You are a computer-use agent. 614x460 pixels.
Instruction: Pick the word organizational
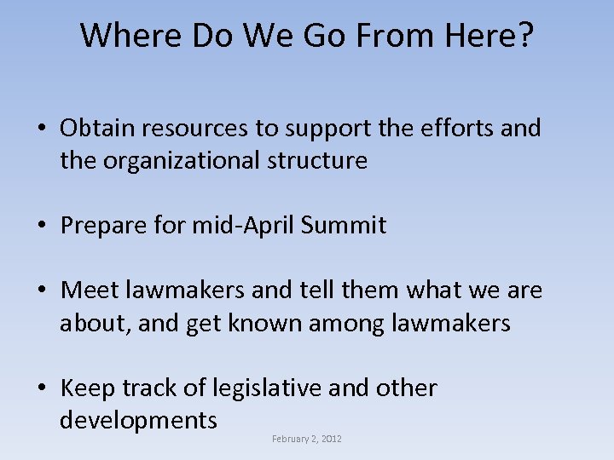click(185, 160)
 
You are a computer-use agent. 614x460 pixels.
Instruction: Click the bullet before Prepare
click(42, 227)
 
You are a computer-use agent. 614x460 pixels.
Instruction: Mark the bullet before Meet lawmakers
click(42, 291)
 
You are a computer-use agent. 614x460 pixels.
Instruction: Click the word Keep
click(88, 388)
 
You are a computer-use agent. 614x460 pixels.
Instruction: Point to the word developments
click(138, 421)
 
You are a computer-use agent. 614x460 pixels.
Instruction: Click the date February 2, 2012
click(307, 439)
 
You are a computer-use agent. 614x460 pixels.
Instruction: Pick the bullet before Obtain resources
click(42, 129)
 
